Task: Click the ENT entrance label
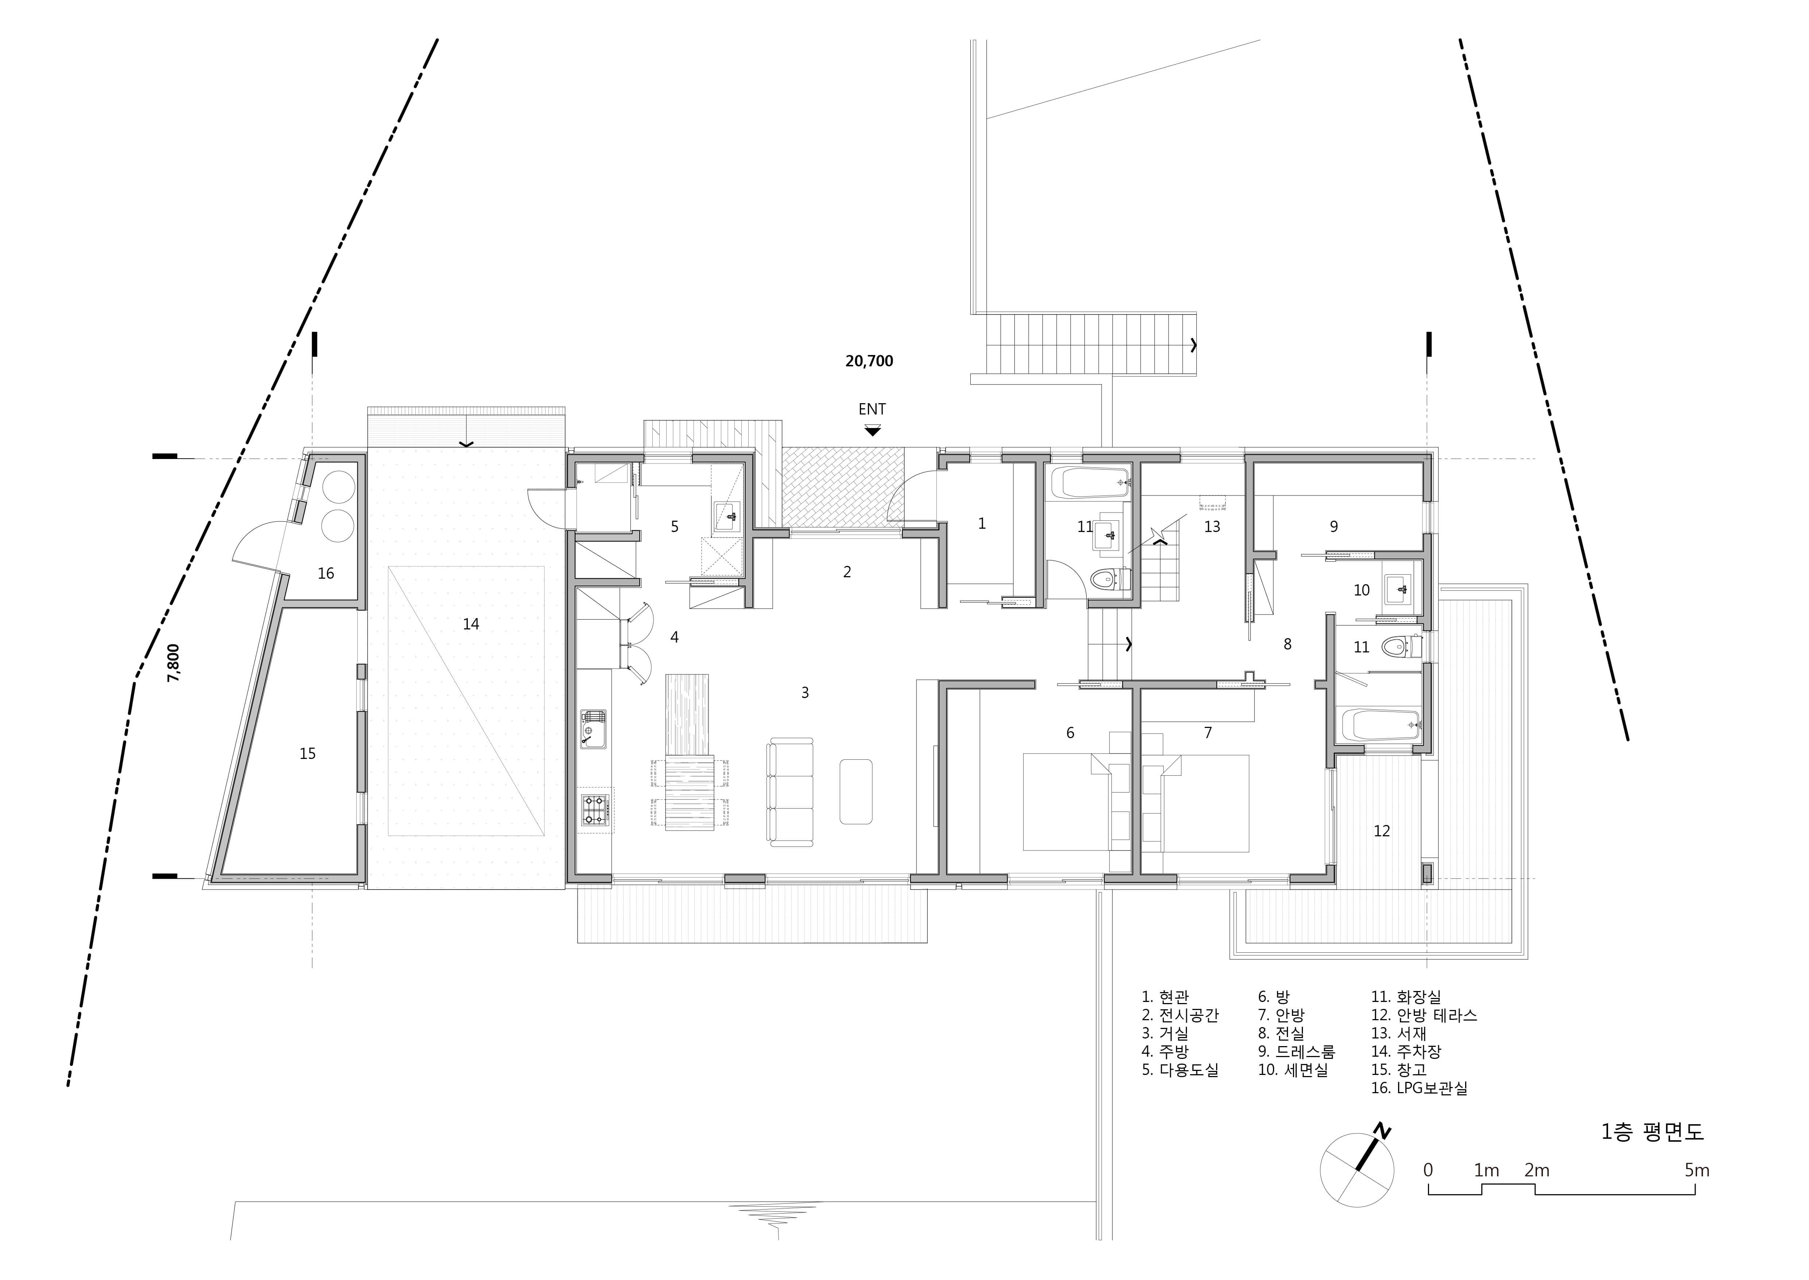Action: point(871,409)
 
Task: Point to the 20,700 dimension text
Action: point(869,361)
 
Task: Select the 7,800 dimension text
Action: point(174,663)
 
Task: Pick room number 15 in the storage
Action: point(307,753)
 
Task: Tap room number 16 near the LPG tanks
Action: point(325,573)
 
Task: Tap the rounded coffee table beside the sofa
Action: point(856,791)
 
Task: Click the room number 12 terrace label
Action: point(1381,831)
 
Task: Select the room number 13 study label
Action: point(1212,527)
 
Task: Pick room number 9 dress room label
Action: point(1334,527)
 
